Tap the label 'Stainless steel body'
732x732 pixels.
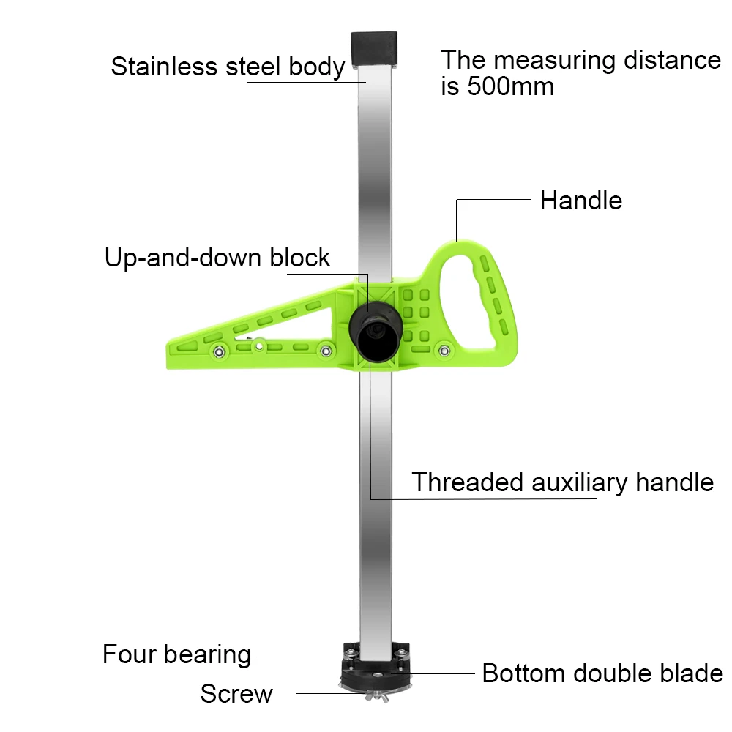[228, 67]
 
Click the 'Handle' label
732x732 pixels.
[580, 201]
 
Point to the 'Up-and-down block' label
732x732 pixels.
[217, 258]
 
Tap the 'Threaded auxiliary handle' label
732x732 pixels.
[561, 482]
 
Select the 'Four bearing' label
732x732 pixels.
[176, 654]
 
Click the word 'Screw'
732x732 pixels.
[236, 693]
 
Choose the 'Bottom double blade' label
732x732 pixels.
[602, 673]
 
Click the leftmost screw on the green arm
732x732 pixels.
[218, 354]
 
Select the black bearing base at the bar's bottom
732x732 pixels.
[375, 662]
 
